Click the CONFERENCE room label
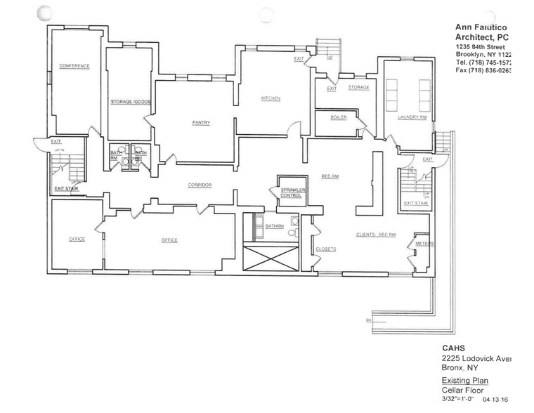coord(74,66)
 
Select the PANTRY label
coord(201,122)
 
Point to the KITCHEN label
coord(271,98)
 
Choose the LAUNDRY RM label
coord(412,117)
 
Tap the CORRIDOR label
coord(200,185)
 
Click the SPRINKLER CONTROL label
coord(291,193)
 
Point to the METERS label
coord(424,244)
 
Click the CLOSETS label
coord(326,249)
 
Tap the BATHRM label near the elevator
coord(274,225)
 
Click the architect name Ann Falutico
coord(481,25)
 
